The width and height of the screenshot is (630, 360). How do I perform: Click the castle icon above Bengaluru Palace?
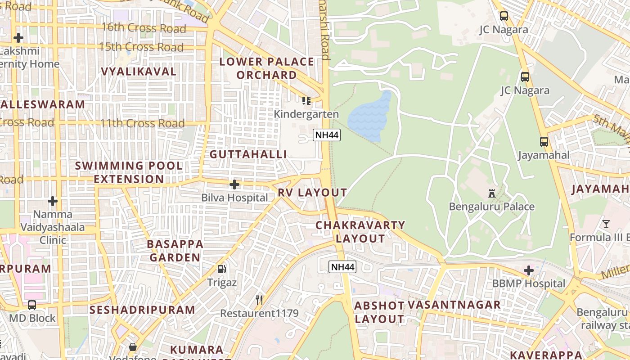click(x=492, y=193)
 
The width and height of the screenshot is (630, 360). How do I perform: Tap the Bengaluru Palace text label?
click(x=492, y=207)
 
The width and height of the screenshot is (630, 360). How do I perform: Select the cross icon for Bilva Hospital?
click(x=234, y=184)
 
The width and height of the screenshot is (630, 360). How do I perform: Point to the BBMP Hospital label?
click(x=529, y=283)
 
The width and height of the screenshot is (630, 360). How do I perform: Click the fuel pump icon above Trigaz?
click(x=222, y=269)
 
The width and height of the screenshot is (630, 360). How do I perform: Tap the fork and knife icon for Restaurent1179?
click(x=259, y=300)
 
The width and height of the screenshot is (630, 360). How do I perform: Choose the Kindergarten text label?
click(x=306, y=114)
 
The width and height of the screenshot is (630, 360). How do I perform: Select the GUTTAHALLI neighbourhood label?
click(x=248, y=154)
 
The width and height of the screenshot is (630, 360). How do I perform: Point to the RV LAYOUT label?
click(x=312, y=193)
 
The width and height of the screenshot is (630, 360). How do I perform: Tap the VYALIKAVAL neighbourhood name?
click(x=139, y=72)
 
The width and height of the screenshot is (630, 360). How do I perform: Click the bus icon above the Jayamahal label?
click(x=544, y=142)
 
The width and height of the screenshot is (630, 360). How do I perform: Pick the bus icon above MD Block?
click(x=32, y=305)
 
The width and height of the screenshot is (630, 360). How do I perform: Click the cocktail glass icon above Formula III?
click(x=606, y=224)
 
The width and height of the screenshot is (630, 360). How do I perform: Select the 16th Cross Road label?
click(x=144, y=28)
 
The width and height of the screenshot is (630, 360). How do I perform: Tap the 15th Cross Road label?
click(x=141, y=47)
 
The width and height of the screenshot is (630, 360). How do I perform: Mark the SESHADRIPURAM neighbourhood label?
click(x=142, y=310)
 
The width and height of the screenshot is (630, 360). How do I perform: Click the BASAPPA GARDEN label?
click(x=175, y=251)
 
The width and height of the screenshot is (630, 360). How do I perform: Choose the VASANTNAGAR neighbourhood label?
click(x=454, y=305)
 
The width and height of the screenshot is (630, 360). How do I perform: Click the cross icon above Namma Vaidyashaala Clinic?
click(x=53, y=201)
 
